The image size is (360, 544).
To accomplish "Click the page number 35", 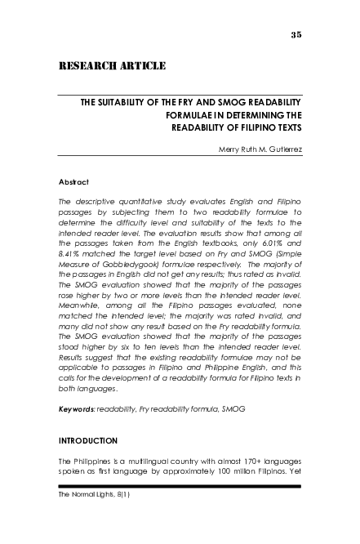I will [296, 33].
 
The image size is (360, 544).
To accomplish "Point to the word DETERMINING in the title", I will [252, 116].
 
